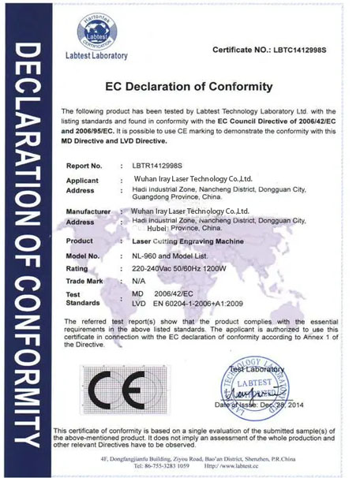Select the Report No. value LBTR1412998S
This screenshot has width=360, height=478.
pyautogui.click(x=151, y=166)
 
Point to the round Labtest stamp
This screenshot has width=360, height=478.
pyautogui.click(x=261, y=386)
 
